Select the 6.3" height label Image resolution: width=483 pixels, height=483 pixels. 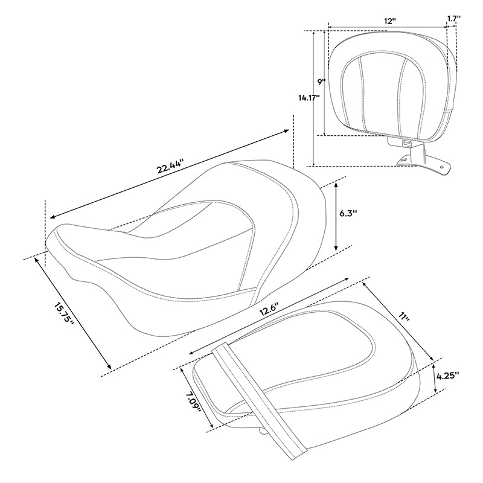tap(348, 213)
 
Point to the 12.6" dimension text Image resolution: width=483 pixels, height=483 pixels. tap(269, 309)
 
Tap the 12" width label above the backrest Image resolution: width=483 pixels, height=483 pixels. tap(390, 21)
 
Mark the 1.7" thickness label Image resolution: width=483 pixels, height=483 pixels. tap(454, 18)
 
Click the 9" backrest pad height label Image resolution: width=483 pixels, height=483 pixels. tap(322, 82)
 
